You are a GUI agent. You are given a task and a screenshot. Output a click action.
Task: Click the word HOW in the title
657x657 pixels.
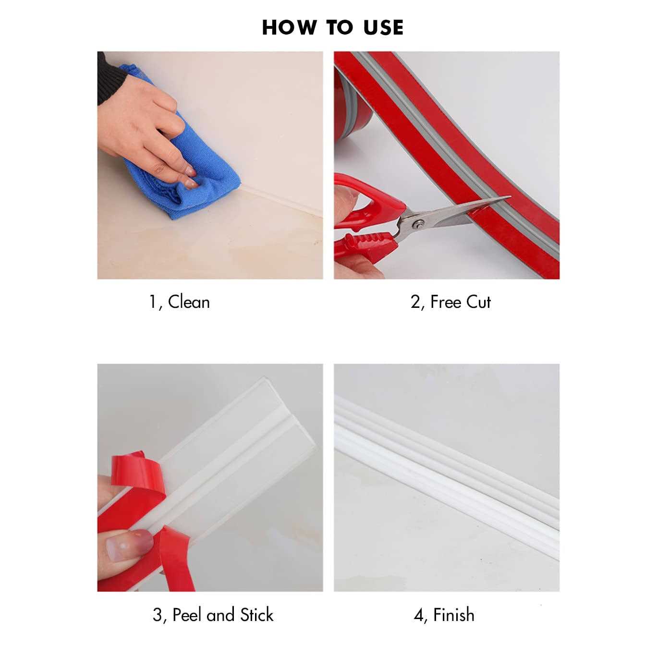point(289,28)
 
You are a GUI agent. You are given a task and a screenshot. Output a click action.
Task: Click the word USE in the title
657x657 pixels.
point(383,28)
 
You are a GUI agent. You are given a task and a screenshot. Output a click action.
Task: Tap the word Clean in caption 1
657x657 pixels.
point(189,302)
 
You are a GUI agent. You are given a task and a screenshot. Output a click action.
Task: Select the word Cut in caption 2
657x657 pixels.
point(478,302)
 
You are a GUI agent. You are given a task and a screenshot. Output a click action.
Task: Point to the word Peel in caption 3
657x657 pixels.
point(187,615)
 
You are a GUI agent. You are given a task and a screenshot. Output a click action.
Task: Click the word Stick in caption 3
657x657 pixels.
point(256,615)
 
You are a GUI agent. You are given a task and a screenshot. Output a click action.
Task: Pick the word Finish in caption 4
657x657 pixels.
point(453,615)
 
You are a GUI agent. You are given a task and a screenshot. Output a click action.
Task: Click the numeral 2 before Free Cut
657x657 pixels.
point(415,303)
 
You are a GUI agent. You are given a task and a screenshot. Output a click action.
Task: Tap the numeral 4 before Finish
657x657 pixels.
point(418,615)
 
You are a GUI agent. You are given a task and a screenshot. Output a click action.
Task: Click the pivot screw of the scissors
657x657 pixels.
point(419,224)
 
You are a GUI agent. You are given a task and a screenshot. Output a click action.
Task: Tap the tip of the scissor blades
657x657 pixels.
point(510,197)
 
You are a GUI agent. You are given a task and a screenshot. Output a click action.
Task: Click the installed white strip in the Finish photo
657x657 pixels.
point(447,471)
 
